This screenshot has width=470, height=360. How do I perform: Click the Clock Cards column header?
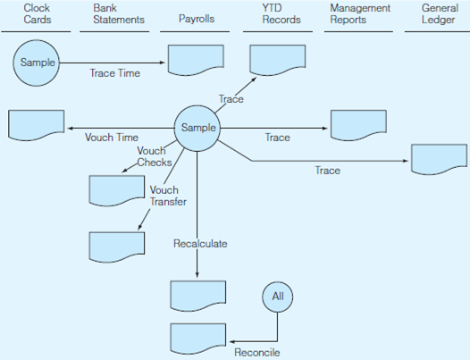click(37, 13)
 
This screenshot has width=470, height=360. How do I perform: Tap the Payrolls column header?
click(197, 19)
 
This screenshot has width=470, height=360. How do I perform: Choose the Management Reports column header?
click(358, 13)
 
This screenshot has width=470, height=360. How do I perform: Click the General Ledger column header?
click(439, 13)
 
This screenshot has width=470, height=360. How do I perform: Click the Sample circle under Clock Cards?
click(37, 63)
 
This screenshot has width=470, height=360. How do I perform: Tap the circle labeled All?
click(277, 295)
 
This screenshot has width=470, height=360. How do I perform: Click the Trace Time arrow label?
click(115, 73)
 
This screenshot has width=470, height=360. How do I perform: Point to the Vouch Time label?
click(112, 138)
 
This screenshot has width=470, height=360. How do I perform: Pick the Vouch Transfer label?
click(167, 196)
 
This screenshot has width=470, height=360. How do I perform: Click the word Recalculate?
click(199, 243)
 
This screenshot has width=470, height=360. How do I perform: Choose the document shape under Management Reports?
click(357, 125)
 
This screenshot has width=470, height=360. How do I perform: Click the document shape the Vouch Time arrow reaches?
click(36, 124)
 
